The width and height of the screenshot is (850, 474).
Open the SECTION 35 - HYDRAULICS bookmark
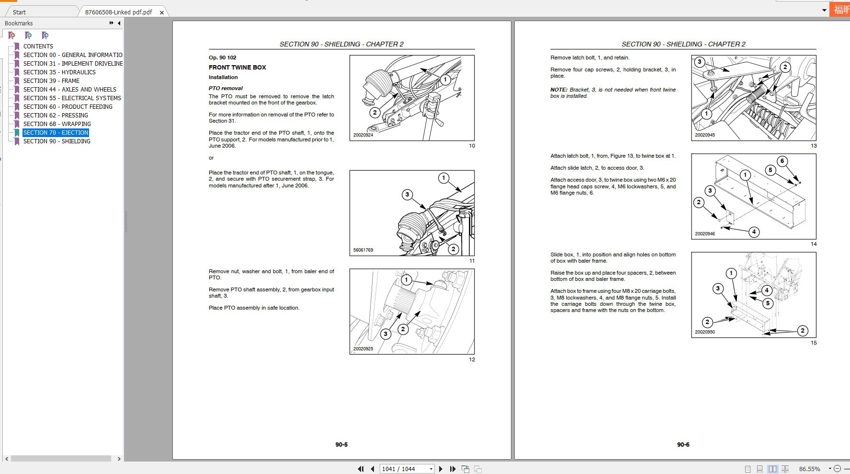(x=59, y=72)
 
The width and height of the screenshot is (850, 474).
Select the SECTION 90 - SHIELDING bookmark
(x=57, y=141)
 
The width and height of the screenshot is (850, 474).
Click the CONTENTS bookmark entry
(x=38, y=46)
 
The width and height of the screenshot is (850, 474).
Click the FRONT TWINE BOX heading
(x=237, y=68)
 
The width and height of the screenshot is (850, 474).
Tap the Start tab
(x=19, y=12)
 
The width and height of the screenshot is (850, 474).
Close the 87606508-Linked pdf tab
(x=162, y=12)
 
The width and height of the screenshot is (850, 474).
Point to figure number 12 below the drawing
(x=472, y=359)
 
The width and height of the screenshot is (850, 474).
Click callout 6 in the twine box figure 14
(x=782, y=161)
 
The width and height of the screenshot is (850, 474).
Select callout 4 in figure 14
(x=754, y=232)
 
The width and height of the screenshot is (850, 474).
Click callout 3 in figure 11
(x=407, y=195)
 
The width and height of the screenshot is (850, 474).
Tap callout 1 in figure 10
(x=445, y=80)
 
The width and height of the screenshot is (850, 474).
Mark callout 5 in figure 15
(x=768, y=303)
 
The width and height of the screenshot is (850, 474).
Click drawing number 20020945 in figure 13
(x=705, y=135)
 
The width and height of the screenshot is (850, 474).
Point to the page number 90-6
(x=683, y=445)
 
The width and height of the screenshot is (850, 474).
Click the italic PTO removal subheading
(x=226, y=88)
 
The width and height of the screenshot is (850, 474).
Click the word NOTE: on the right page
(x=558, y=90)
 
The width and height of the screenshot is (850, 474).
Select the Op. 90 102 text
(x=222, y=58)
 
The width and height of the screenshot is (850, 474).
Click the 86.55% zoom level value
(x=809, y=469)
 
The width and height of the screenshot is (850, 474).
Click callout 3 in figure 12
(x=385, y=334)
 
